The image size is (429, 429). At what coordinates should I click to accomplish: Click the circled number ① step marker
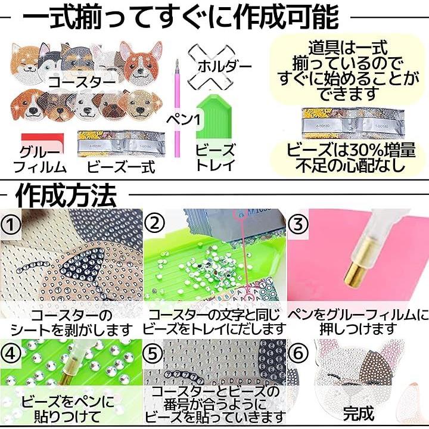click(x=10, y=225)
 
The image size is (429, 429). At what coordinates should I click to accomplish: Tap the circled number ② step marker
click(x=155, y=223)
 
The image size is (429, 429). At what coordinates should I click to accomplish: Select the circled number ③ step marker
click(x=298, y=223)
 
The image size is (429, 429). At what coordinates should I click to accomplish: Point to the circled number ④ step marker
click(x=10, y=354)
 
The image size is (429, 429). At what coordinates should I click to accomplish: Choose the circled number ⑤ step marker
click(x=153, y=353)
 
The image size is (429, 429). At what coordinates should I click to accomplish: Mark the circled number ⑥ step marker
click(x=298, y=353)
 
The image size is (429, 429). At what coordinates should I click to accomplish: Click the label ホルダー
click(x=225, y=67)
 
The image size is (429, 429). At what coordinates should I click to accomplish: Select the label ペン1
click(x=184, y=120)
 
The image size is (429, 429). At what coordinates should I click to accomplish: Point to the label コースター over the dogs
click(x=82, y=81)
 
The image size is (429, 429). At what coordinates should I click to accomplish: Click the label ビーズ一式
click(x=121, y=167)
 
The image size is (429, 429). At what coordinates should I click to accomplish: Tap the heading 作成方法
click(x=66, y=195)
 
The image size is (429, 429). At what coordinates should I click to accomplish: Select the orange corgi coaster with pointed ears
click(x=141, y=63)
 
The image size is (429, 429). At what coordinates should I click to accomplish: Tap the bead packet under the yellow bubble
click(x=353, y=123)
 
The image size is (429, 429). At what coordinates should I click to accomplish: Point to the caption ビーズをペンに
click(x=67, y=402)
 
